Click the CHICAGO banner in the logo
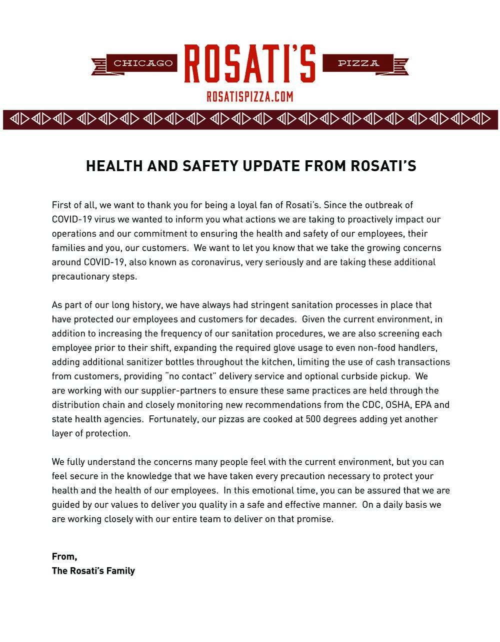(142, 63)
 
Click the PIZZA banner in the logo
(358, 63)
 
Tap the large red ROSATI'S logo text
(250, 64)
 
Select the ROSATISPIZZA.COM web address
(250, 96)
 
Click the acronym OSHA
(398, 405)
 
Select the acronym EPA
(424, 405)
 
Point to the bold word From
(64, 557)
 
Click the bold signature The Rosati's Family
(93, 571)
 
